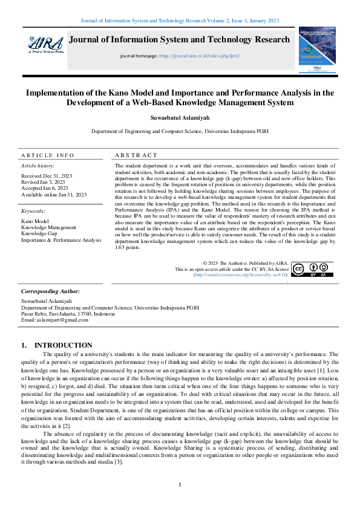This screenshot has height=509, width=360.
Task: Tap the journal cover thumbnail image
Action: pos(316,50)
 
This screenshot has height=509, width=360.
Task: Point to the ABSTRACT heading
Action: pos(136,155)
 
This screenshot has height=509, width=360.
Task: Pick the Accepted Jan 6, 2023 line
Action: pos(45,188)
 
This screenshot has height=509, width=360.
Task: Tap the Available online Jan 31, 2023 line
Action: pos(54,195)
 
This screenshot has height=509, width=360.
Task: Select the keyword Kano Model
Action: pos(34,221)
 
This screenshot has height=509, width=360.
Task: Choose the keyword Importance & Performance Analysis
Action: pos(61,240)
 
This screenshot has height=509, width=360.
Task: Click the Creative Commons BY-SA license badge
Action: pos(312,270)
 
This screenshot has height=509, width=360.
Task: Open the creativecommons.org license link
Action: pos(239,274)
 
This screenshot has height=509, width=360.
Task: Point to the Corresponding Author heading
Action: pos(50,291)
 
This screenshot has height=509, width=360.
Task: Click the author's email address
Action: pos(54,319)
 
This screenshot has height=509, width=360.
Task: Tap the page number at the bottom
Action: pos(180,485)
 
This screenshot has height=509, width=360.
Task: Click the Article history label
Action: pos(38,165)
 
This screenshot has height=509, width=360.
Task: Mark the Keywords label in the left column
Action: pos(33,211)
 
